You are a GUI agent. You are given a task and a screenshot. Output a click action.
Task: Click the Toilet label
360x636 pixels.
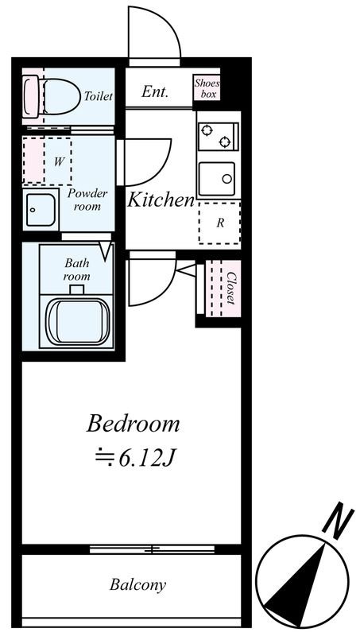coord(98,96)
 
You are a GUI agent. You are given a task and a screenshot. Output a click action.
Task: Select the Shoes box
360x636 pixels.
coord(207,88)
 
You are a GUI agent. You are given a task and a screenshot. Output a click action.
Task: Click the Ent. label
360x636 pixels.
coord(154,91)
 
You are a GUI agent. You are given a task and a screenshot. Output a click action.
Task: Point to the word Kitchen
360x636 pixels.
coord(161,200)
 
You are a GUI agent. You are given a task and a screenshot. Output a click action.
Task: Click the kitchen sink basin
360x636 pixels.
coord(217,179)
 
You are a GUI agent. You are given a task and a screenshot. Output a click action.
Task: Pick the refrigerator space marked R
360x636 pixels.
coord(219,223)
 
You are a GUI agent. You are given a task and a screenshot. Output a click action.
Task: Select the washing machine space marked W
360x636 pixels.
coord(48,161)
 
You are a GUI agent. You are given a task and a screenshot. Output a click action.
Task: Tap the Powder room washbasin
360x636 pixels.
coord(41,210)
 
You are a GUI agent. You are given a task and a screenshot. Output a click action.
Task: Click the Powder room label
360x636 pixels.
coord(87,200)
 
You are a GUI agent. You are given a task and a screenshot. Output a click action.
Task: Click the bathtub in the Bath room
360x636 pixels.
coord(77,322)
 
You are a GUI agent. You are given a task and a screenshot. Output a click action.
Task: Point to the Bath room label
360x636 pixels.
coord(77,270)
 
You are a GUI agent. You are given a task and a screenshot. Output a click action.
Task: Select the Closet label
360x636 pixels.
coord(230,288)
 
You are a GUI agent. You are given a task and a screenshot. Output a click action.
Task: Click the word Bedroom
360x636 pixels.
coord(133,424)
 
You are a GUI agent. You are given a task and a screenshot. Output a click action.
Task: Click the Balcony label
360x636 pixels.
coord(137,585)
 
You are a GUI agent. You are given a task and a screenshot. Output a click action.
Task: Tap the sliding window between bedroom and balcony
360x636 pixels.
coord(152,549)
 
